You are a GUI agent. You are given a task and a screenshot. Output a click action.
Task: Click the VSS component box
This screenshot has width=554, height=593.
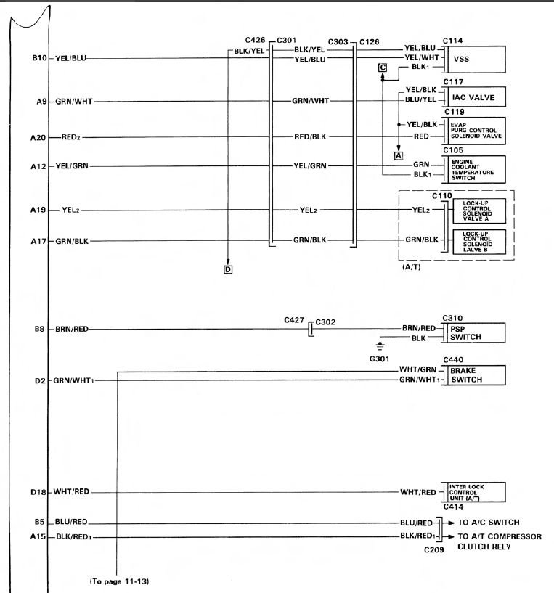476,60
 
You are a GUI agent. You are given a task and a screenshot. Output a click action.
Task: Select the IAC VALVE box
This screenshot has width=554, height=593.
476,97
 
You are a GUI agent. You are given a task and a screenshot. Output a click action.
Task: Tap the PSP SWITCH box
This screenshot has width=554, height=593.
476,333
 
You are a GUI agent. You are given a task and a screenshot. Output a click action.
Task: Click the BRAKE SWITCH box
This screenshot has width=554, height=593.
476,375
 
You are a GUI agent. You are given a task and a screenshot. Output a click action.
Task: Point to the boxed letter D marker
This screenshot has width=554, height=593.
228,270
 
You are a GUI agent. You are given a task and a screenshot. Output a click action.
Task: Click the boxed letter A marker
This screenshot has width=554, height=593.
399,155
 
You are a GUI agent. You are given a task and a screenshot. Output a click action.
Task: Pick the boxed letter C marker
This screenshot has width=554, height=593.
383,68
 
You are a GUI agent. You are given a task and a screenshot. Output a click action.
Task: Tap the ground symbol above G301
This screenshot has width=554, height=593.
380,345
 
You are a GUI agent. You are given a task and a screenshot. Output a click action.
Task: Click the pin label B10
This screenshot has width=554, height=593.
39,58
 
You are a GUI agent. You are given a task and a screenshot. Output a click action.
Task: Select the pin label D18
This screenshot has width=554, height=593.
38,492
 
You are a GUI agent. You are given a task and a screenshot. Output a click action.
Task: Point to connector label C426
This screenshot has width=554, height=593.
255,40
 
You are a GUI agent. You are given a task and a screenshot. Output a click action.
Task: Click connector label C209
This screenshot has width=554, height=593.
433,549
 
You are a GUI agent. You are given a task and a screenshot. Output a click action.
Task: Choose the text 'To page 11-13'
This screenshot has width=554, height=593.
120,581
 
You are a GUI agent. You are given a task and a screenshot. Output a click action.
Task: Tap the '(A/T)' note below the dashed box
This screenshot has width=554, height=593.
412,267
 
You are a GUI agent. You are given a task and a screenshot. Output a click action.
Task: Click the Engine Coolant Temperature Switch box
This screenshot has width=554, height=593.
476,169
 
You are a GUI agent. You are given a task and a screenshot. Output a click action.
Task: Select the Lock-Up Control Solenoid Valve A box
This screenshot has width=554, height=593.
479,211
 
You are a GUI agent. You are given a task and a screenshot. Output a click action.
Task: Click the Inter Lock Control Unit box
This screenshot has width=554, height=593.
476,492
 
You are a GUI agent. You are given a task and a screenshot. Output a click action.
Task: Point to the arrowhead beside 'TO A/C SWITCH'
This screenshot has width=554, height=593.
451,523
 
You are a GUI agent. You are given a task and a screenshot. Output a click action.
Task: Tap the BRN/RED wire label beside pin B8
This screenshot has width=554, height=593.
72,329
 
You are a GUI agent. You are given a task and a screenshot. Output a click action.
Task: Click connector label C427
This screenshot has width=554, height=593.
294,320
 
